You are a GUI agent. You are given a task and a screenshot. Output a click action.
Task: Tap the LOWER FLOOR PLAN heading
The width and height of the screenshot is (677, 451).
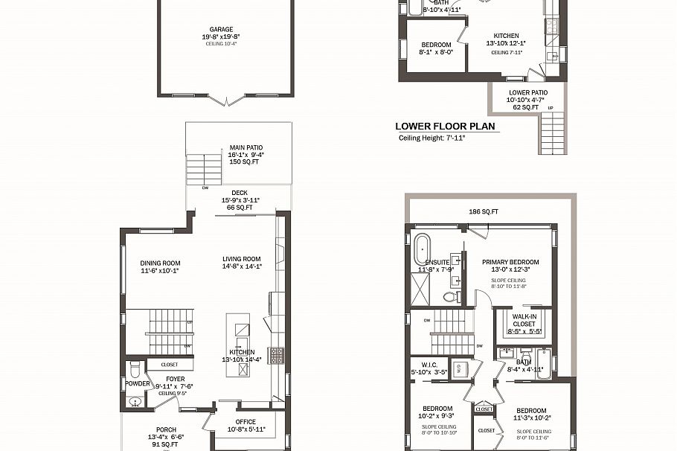click(x=445, y=127)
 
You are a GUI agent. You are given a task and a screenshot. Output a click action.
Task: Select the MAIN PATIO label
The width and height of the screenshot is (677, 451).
click(x=246, y=148)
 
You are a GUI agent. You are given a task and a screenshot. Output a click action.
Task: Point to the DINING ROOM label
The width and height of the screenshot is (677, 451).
click(x=160, y=263)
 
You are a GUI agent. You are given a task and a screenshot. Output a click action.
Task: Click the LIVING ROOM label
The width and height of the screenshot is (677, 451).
click(x=242, y=260)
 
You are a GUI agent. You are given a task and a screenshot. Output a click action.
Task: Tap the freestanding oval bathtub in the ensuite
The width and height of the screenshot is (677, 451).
click(x=422, y=246)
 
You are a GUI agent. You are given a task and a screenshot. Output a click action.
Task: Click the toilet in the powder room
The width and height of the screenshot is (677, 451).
click(x=133, y=370)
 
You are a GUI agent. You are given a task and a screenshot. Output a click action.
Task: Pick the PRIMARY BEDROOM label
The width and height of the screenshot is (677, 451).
click(x=510, y=262)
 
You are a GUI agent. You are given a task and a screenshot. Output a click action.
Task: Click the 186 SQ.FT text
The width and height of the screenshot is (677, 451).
click(x=484, y=212)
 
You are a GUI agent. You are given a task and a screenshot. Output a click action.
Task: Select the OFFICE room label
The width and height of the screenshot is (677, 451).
click(x=246, y=422)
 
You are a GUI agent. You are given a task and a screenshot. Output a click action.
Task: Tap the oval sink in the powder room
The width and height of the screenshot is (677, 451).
click(x=135, y=402)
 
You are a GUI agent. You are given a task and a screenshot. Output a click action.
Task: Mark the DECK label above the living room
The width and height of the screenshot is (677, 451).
click(x=239, y=193)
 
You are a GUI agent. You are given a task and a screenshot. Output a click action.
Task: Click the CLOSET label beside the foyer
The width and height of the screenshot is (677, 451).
click(x=169, y=365)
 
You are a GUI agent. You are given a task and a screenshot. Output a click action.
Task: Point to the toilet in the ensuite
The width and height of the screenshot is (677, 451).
click(x=449, y=296)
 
